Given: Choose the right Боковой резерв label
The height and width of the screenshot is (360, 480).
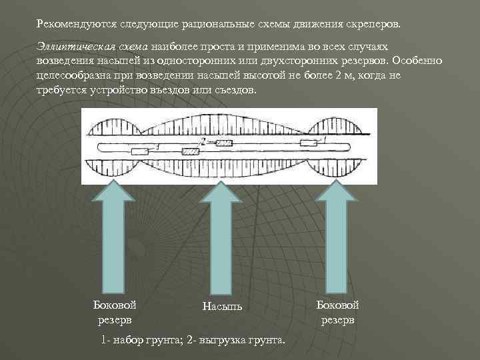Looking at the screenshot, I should tap(337, 312).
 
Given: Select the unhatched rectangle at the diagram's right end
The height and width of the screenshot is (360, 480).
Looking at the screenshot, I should tap(309, 143).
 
